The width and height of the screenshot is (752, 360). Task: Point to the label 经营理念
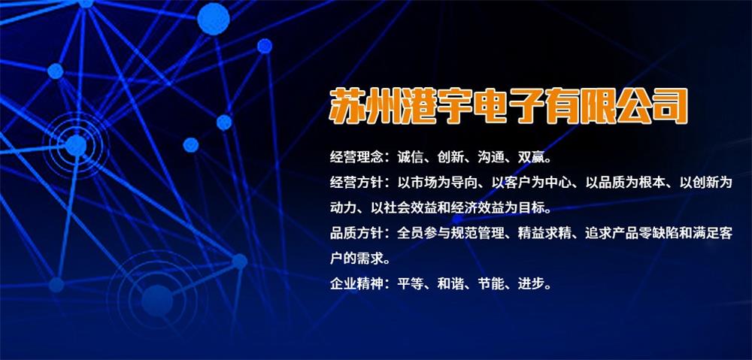click(356, 157)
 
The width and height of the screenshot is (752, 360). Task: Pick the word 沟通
click(490, 157)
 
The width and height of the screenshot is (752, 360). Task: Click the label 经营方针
click(356, 183)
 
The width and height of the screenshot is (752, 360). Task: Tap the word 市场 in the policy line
click(424, 183)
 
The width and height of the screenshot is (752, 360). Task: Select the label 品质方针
click(356, 234)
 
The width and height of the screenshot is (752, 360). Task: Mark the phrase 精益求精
click(544, 234)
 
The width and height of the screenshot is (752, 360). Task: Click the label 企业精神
click(356, 284)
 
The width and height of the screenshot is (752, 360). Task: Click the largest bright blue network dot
click(214, 19)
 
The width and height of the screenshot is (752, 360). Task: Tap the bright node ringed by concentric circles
click(76, 145)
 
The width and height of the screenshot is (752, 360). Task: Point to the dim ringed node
click(157, 301)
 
